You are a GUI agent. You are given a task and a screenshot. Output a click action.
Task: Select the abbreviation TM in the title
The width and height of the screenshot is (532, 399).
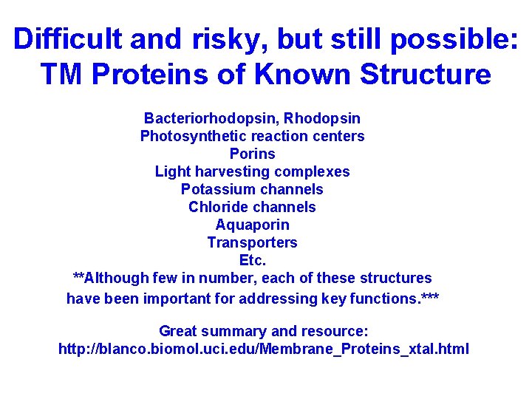60,75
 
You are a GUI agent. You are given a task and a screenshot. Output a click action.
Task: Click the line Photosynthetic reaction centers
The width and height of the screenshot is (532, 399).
252,136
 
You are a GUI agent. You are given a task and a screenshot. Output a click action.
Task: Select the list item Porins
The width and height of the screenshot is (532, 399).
252,154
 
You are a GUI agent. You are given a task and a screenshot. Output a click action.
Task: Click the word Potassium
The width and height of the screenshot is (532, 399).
214,189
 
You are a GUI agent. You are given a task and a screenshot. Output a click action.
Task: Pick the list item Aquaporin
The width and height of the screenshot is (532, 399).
252,225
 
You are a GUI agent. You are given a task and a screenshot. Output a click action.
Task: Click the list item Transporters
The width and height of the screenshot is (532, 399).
252,242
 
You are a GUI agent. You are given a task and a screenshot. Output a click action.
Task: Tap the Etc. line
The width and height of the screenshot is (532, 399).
252,260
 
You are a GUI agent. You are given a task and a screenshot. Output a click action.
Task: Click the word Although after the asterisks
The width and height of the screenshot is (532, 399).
117,278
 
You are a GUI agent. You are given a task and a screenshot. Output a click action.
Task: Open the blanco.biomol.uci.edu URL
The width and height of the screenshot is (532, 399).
263,349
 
